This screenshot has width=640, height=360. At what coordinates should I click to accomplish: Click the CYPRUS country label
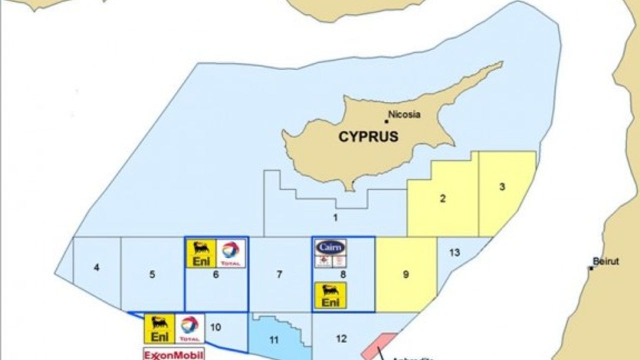[x=368, y=136]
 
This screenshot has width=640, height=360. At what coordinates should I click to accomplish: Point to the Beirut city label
[x=605, y=261]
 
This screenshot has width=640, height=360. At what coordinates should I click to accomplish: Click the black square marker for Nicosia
[x=386, y=121]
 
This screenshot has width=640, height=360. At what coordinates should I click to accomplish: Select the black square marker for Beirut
[x=591, y=268]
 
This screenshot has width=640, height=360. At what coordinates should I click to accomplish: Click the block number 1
[x=335, y=217]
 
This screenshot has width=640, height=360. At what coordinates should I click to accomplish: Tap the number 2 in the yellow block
[x=442, y=198]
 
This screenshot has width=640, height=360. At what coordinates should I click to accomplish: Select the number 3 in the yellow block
[x=502, y=187]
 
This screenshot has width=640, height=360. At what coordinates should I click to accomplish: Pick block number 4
[x=96, y=267]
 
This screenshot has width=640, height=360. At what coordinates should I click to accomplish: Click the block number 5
[x=152, y=274]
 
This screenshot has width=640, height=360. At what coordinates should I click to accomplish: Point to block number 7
[x=279, y=274]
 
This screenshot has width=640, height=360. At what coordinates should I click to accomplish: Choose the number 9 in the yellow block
[x=405, y=274]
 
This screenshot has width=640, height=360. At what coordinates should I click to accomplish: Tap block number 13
[x=454, y=252]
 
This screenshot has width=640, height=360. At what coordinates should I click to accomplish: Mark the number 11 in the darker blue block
[x=273, y=340]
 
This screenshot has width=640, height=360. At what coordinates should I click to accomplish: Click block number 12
[x=341, y=339]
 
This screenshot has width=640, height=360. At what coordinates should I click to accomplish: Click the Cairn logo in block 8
[x=330, y=247]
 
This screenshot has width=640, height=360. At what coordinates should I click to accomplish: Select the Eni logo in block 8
[x=330, y=295]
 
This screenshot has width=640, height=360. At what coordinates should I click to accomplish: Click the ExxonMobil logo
[x=173, y=354]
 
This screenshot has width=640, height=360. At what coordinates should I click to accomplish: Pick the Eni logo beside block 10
[x=159, y=328]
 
